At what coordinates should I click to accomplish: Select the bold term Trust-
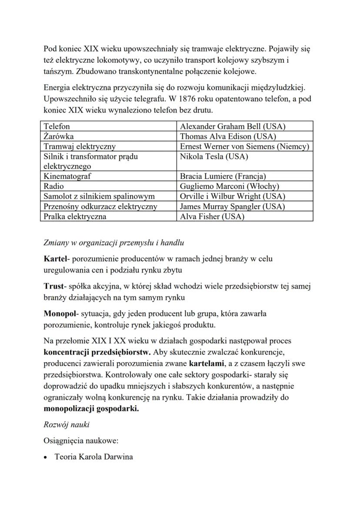54,286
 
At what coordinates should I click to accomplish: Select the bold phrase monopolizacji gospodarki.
91,409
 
